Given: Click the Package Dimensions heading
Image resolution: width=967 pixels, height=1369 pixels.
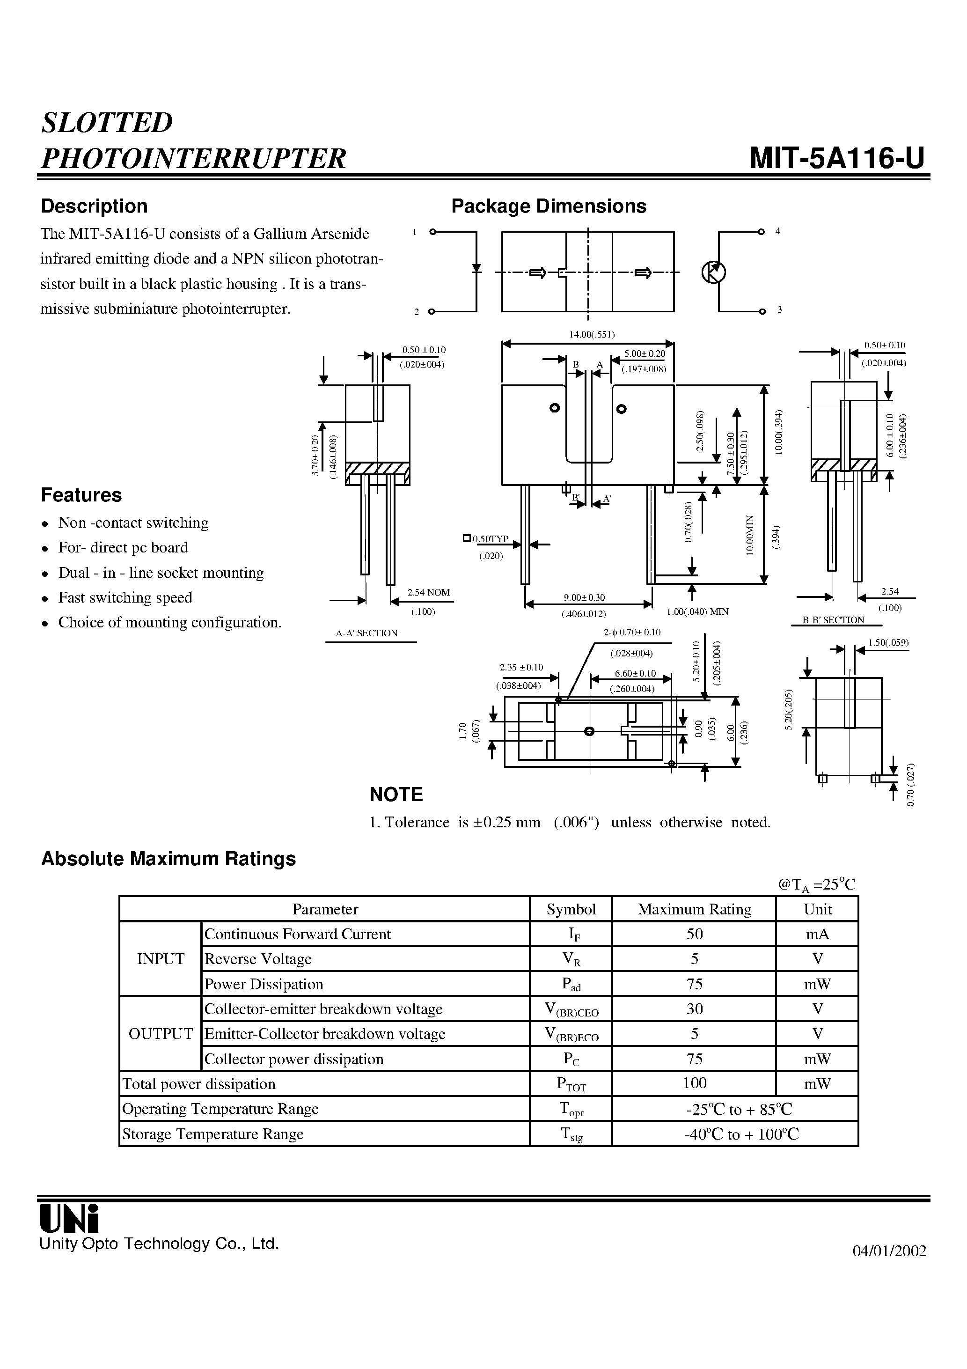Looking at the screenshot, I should click(x=549, y=206).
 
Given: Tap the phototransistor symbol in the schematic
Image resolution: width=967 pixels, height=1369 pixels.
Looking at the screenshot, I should click(x=713, y=272).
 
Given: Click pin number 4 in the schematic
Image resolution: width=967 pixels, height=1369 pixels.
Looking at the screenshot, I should click(x=777, y=231).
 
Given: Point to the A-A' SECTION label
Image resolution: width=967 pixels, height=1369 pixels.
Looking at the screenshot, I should click(x=366, y=633).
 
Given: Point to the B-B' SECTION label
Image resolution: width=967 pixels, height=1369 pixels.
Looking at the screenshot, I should click(x=833, y=620).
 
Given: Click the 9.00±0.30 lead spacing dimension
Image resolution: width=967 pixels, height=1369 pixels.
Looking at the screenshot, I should click(x=584, y=597).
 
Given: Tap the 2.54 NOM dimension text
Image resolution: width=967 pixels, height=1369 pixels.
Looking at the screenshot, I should click(x=428, y=593).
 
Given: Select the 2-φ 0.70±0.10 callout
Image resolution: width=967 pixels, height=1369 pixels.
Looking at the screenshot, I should click(x=632, y=633).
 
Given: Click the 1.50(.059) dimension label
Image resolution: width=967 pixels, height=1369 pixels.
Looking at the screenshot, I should click(x=888, y=643).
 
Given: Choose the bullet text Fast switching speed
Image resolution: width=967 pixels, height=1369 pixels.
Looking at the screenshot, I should click(x=125, y=597).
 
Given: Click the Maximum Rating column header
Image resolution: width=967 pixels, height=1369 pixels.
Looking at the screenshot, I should click(x=694, y=909).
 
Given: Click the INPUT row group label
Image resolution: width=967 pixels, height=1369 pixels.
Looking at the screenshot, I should click(x=161, y=959).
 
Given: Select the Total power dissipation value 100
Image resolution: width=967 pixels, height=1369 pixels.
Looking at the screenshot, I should click(x=694, y=1083).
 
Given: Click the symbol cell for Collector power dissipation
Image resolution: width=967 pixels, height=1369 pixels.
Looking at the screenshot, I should click(x=571, y=1060).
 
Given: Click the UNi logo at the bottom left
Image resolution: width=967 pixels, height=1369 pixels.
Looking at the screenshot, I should click(x=68, y=1218).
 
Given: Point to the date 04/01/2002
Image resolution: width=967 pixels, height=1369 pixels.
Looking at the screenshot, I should click(x=889, y=1251).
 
